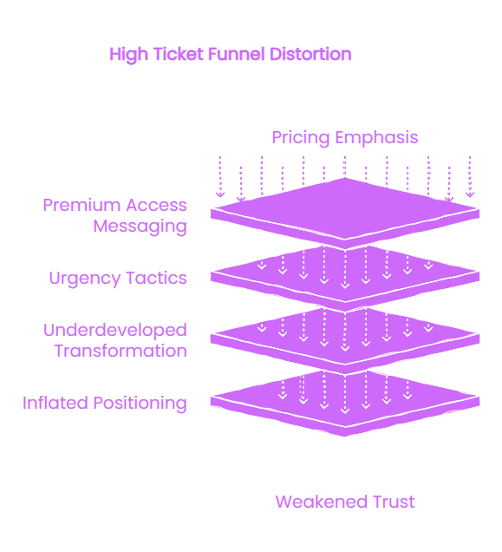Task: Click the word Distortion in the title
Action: (x=310, y=54)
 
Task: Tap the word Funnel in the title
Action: (x=236, y=54)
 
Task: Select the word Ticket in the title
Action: (x=179, y=54)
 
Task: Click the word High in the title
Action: (x=129, y=55)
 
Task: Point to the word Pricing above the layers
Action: (x=301, y=138)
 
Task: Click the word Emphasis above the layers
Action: (x=376, y=138)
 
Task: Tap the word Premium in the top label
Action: (x=82, y=205)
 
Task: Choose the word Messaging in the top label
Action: (x=140, y=227)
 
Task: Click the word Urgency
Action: (x=86, y=279)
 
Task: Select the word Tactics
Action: (x=157, y=278)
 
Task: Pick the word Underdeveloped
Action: (x=115, y=331)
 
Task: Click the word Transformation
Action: (x=121, y=351)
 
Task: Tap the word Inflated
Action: (x=55, y=403)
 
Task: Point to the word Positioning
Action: (x=140, y=404)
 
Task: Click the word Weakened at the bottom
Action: (x=322, y=502)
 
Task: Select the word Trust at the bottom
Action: (x=394, y=502)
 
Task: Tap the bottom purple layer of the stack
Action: (x=345, y=404)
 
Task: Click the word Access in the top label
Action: (x=157, y=205)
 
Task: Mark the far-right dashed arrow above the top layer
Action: (x=470, y=177)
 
